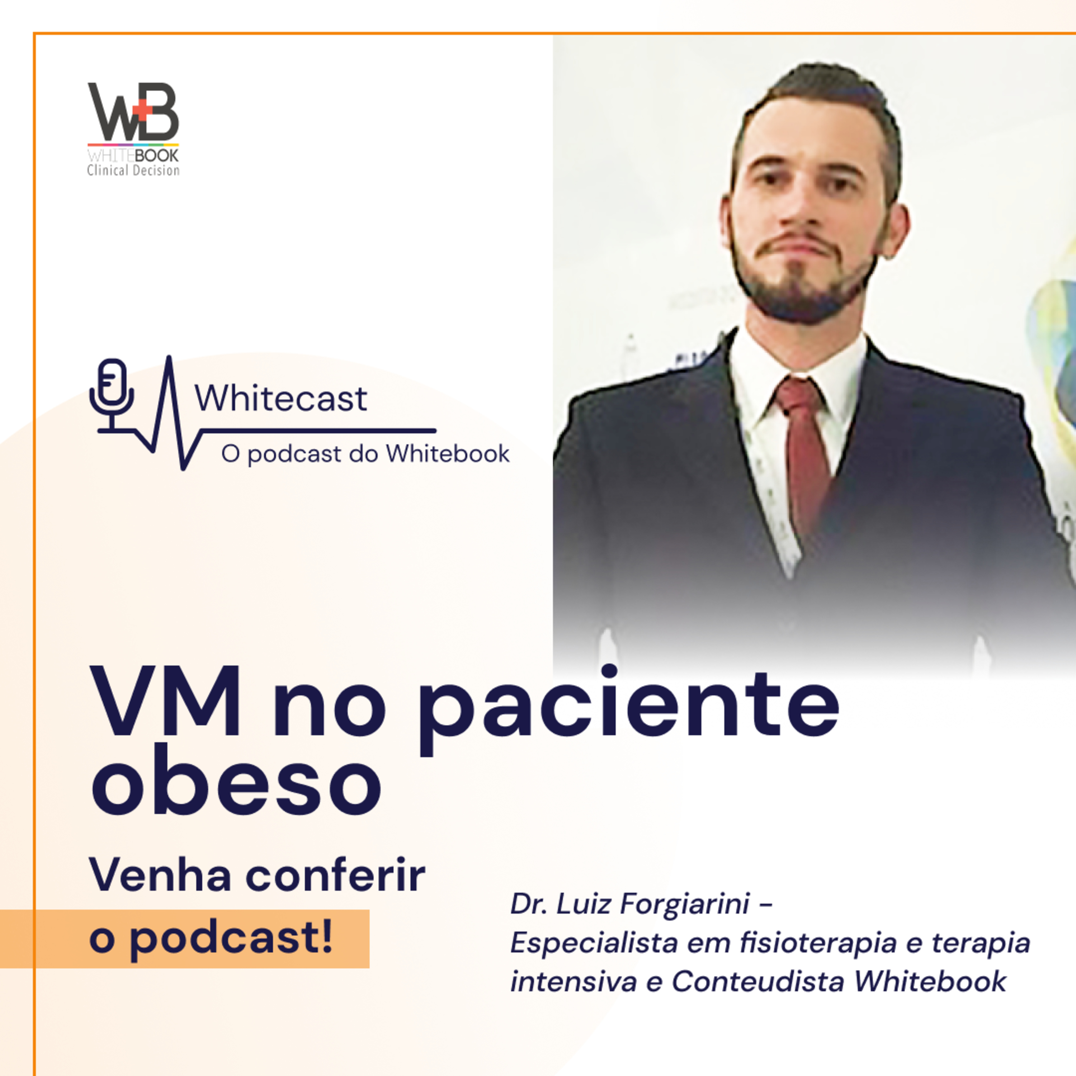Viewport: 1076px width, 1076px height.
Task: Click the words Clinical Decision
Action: (133, 170)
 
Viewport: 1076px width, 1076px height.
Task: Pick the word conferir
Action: (335, 875)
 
